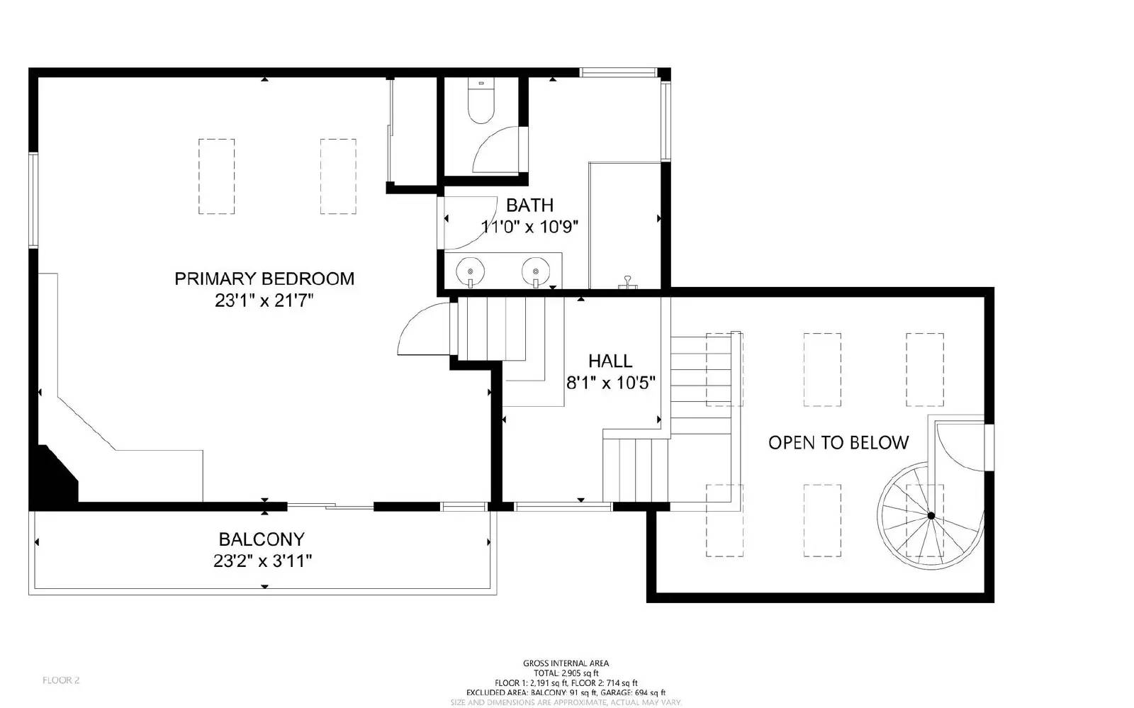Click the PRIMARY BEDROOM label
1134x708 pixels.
coord(264,279)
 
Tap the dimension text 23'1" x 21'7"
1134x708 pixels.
coord(264,301)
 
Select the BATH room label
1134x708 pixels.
coord(529,206)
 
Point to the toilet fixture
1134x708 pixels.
coord(481,103)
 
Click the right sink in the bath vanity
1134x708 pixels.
coord(535,271)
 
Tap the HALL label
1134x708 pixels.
coord(610,361)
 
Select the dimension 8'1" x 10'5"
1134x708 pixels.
coord(610,383)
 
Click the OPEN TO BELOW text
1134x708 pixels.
coord(838,443)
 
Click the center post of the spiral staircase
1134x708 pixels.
coord(931,515)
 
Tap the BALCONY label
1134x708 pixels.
coord(262,539)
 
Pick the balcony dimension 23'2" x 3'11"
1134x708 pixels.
coord(263,561)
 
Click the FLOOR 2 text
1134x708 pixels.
coord(61,680)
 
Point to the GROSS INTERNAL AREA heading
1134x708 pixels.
coord(566,663)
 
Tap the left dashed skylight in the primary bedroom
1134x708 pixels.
coord(216,176)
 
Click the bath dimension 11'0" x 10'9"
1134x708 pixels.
coord(530,227)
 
